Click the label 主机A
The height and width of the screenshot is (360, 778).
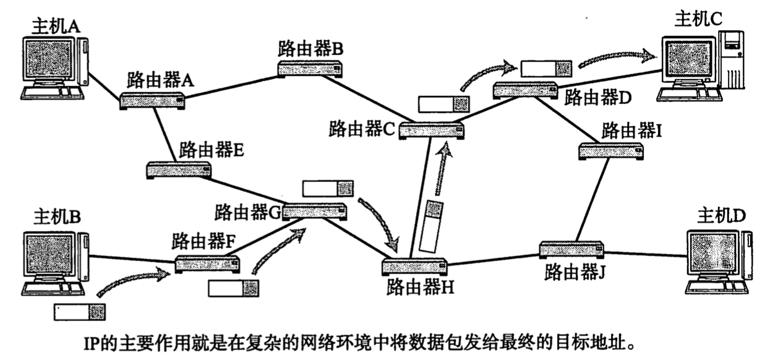[56, 27]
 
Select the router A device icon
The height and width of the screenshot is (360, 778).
[152, 101]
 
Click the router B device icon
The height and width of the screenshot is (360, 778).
[310, 69]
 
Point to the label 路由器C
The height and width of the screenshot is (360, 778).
[362, 129]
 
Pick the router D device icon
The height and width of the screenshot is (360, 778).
[526, 90]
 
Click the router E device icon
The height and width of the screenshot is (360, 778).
[179, 170]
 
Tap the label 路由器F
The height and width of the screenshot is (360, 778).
[203, 241]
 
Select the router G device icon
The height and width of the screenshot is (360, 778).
[315, 212]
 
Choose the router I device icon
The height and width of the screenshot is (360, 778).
[611, 151]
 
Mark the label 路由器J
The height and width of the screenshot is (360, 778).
[575, 272]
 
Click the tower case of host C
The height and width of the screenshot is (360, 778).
[732, 59]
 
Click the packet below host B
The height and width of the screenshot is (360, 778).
[80, 312]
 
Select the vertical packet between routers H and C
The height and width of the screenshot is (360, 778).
[431, 226]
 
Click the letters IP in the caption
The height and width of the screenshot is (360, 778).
[92, 344]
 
